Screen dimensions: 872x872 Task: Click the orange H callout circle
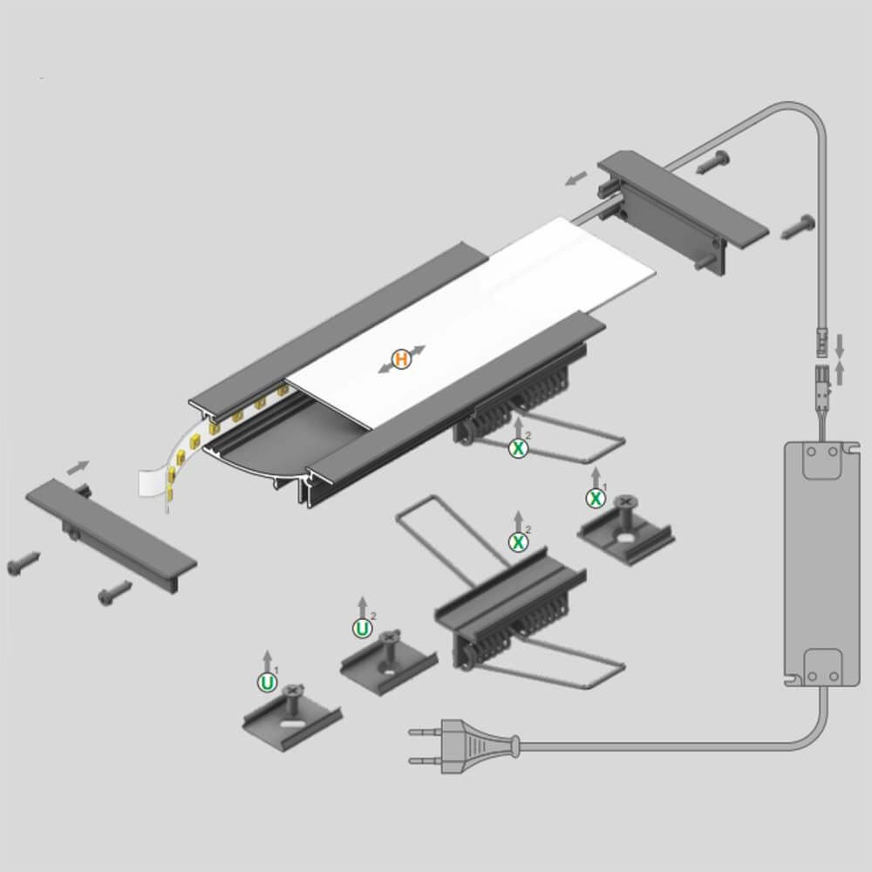point(401,359)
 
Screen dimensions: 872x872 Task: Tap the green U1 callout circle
point(268,683)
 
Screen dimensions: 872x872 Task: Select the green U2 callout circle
point(363,629)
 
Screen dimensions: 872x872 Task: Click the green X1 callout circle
point(596,498)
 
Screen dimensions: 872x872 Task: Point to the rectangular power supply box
point(814,562)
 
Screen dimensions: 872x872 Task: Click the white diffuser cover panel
point(473,323)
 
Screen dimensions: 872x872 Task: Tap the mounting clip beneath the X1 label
point(625,529)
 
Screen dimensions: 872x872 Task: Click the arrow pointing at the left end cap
point(78,467)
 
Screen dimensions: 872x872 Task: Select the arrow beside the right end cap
point(576,178)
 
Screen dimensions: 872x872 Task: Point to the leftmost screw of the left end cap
point(24,562)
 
